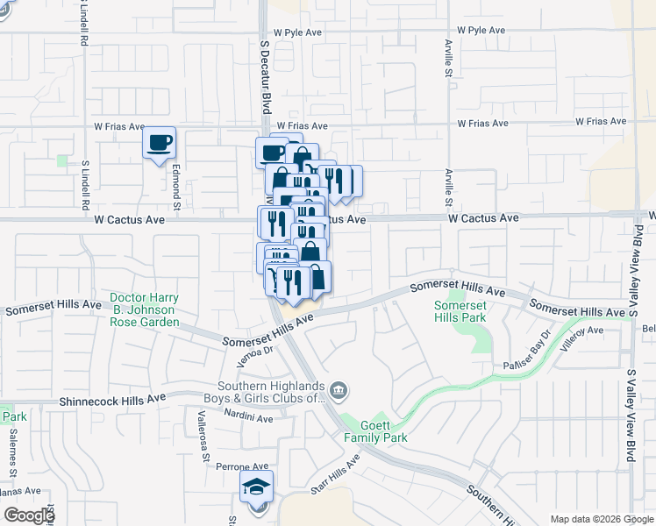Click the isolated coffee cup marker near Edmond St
[x=159, y=144]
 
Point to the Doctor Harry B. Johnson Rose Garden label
[x=144, y=309]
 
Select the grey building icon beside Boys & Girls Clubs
[x=339, y=389]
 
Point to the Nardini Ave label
[x=248, y=416]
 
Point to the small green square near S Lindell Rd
[x=61, y=160]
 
